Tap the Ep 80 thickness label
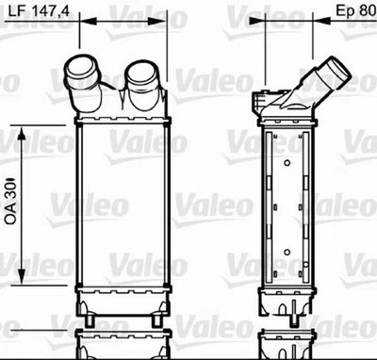[353, 13]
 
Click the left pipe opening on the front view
[78, 69]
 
